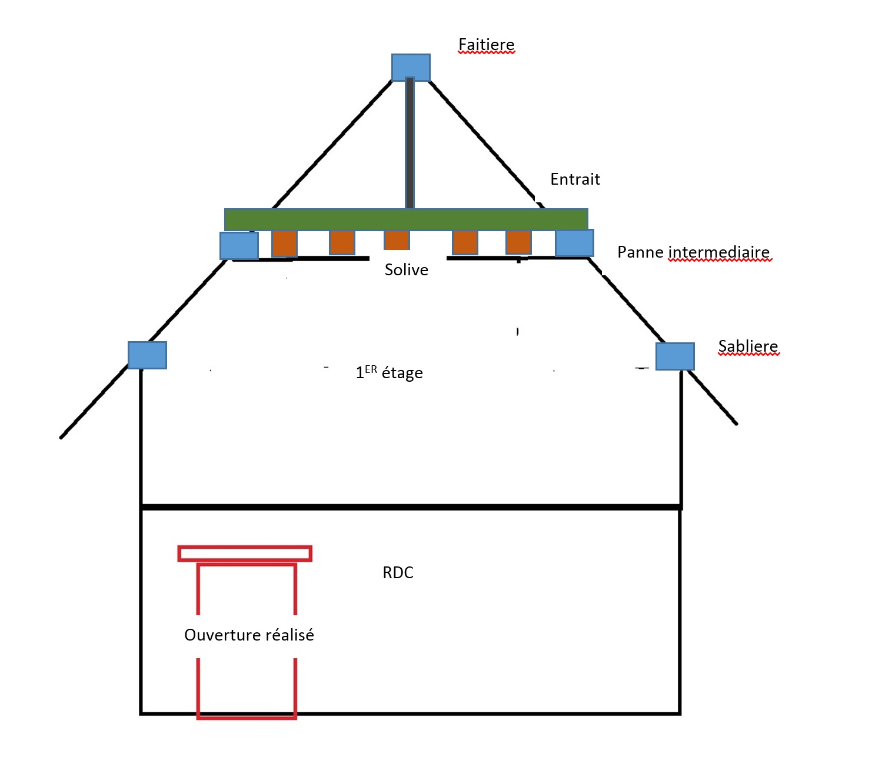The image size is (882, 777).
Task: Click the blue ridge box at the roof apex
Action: click(x=411, y=67)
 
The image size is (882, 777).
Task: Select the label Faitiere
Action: click(x=486, y=45)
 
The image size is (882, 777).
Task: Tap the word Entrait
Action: click(x=575, y=179)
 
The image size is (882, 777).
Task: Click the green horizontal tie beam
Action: click(x=406, y=219)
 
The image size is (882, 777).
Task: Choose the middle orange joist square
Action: click(x=397, y=240)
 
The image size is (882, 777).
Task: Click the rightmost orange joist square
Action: click(x=518, y=242)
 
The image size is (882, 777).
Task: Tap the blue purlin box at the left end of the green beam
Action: click(x=239, y=246)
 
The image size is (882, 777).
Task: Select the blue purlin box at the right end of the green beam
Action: click(x=574, y=243)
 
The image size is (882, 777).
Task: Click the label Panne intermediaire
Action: click(x=693, y=252)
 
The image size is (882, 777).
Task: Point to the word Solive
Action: click(x=406, y=270)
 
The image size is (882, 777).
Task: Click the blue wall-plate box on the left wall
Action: click(x=147, y=355)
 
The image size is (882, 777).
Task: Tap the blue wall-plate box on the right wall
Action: click(x=675, y=356)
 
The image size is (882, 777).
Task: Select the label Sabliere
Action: click(x=748, y=346)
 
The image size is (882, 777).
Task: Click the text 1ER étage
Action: click(x=389, y=373)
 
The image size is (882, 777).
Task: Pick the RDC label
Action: click(x=398, y=573)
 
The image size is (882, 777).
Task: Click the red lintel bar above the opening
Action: click(x=245, y=553)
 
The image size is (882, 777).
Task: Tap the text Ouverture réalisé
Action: click(x=249, y=635)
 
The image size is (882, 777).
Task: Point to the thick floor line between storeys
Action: click(x=411, y=506)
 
